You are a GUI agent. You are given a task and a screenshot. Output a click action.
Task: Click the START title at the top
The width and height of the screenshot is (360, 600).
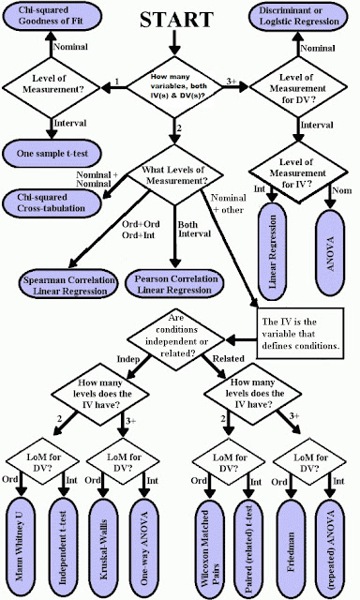click(177, 22)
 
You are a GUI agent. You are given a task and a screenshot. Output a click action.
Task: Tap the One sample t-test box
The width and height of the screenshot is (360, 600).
click(55, 152)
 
